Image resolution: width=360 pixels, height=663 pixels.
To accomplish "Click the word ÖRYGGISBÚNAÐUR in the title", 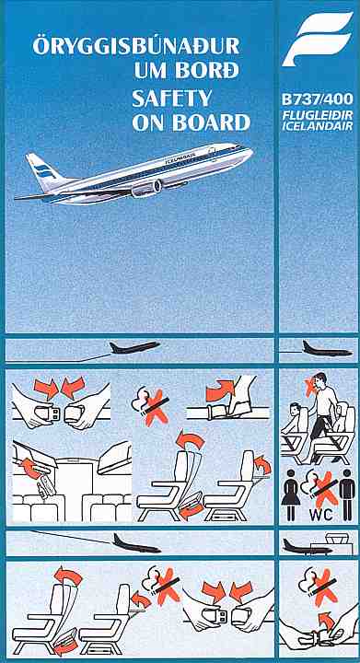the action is pyautogui.click(x=136, y=46).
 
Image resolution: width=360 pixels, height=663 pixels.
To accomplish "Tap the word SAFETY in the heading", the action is pyautogui.click(x=171, y=99).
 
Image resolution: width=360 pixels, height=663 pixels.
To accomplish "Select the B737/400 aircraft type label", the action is pyautogui.click(x=318, y=100).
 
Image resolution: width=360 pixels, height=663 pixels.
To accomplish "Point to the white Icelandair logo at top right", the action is pyautogui.click(x=318, y=39).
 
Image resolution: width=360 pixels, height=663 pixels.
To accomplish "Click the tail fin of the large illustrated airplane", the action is pyautogui.click(x=42, y=169).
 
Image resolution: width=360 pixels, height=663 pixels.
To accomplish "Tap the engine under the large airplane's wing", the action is pyautogui.click(x=146, y=188).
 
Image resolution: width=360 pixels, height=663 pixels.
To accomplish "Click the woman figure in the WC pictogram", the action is pyautogui.click(x=291, y=494).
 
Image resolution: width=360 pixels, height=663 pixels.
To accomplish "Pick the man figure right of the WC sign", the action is pyautogui.click(x=347, y=494).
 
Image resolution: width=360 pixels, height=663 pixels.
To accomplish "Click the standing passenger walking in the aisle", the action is pyautogui.click(x=322, y=414).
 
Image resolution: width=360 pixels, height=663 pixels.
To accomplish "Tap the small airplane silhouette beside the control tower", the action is pyautogui.click(x=303, y=547).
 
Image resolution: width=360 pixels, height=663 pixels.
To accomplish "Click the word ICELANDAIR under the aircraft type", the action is pyautogui.click(x=318, y=125).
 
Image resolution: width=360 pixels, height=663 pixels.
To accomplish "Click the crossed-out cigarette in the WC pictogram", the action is pyautogui.click(x=322, y=488).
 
